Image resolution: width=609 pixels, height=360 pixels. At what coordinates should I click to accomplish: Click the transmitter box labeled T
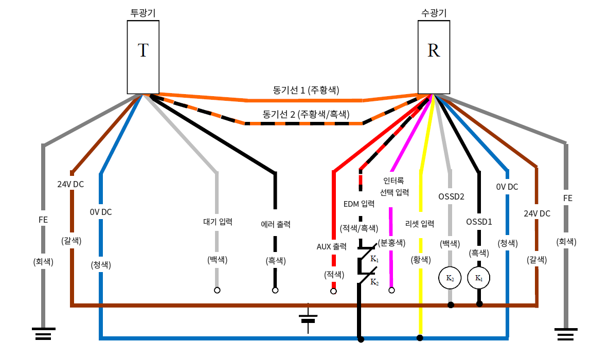pyautogui.click(x=143, y=57)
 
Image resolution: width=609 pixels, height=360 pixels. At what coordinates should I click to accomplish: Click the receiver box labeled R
pyautogui.click(x=434, y=57)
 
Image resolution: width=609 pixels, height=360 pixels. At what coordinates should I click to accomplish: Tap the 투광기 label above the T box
pyautogui.click(x=143, y=12)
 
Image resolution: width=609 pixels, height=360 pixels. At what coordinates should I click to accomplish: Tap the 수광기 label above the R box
pyautogui.click(x=434, y=12)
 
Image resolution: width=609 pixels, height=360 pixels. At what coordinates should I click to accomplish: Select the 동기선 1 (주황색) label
pyautogui.click(x=306, y=90)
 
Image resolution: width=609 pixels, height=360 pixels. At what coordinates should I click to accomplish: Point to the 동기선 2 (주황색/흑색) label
pyautogui.click(x=306, y=114)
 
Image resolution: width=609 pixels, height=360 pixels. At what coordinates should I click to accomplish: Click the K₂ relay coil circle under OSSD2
pyautogui.click(x=450, y=279)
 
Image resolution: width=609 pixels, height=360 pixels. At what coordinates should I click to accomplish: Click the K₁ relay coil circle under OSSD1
pyautogui.click(x=479, y=279)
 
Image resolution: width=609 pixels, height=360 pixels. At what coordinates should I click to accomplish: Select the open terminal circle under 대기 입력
pyautogui.click(x=217, y=291)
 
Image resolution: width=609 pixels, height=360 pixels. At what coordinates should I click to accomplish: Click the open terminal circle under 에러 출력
pyautogui.click(x=275, y=291)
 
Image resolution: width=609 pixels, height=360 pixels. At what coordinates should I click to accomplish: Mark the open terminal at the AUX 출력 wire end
pyautogui.click(x=334, y=292)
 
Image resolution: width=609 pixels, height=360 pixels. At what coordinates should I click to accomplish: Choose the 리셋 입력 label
pyautogui.click(x=420, y=224)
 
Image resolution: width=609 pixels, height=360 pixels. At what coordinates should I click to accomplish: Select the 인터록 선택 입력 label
pyautogui.click(x=394, y=186)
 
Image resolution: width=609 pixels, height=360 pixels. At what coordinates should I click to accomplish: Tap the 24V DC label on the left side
pyautogui.click(x=70, y=184)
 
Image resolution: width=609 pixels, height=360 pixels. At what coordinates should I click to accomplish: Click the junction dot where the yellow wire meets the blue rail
pyautogui.click(x=420, y=338)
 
